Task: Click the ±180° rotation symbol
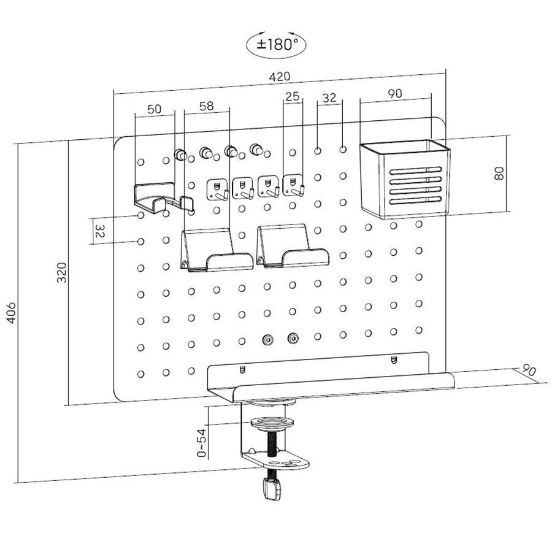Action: [x=276, y=44]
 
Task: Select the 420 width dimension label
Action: [x=279, y=77]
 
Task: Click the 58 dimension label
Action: [x=207, y=105]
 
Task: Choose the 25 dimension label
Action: [x=293, y=96]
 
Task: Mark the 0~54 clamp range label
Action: [x=202, y=442]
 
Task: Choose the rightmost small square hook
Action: [x=294, y=185]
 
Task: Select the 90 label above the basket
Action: [x=395, y=93]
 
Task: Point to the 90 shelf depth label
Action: [x=528, y=370]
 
